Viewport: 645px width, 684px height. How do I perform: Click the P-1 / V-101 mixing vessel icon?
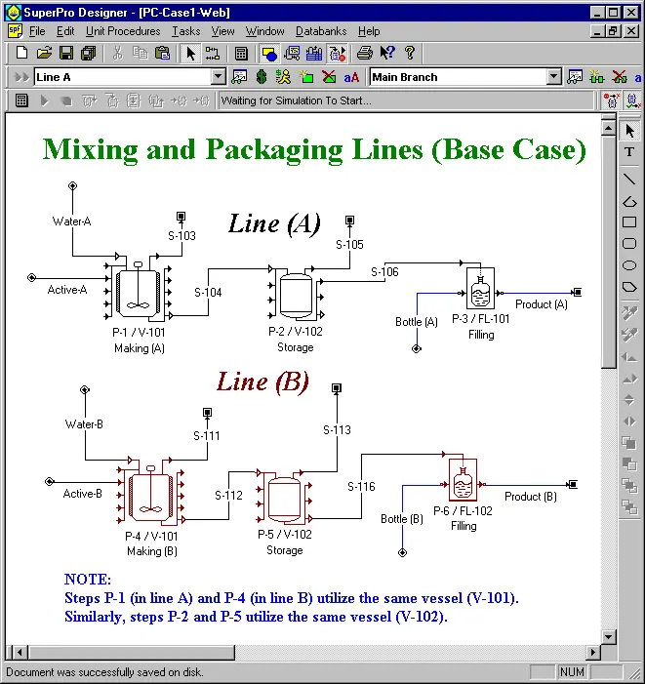tap(139, 291)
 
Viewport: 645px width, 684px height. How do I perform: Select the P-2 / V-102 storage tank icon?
tap(296, 293)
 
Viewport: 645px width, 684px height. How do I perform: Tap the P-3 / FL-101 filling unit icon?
tap(480, 288)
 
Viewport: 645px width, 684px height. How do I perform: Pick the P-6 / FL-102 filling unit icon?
tap(463, 480)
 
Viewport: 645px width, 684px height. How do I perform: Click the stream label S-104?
tap(208, 293)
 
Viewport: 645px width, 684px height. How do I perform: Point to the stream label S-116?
tap(361, 486)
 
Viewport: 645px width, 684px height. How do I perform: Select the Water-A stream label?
tap(71, 221)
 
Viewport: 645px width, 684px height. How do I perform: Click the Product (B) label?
tap(530, 497)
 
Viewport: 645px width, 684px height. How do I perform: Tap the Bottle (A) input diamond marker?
tap(417, 348)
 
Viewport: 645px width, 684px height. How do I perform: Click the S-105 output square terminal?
tap(349, 220)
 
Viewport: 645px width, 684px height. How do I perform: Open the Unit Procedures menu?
tap(123, 31)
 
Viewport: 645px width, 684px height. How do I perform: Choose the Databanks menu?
tap(321, 31)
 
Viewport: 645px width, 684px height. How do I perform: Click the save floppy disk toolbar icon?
tap(66, 54)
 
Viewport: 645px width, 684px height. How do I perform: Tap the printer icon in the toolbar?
tap(365, 54)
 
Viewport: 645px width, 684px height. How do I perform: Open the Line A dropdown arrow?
tap(218, 77)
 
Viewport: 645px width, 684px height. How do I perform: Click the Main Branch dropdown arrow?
tap(554, 77)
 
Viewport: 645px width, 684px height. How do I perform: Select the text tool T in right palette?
tap(629, 152)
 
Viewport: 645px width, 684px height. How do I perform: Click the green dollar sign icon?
tap(262, 77)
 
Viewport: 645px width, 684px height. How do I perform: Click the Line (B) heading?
tap(262, 382)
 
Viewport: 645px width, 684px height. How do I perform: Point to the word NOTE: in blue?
tap(88, 580)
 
